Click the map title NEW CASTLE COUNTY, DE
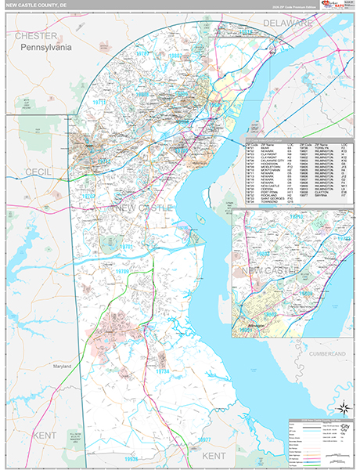point(41,7)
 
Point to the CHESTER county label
point(36,36)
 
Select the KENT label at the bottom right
point(213,455)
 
